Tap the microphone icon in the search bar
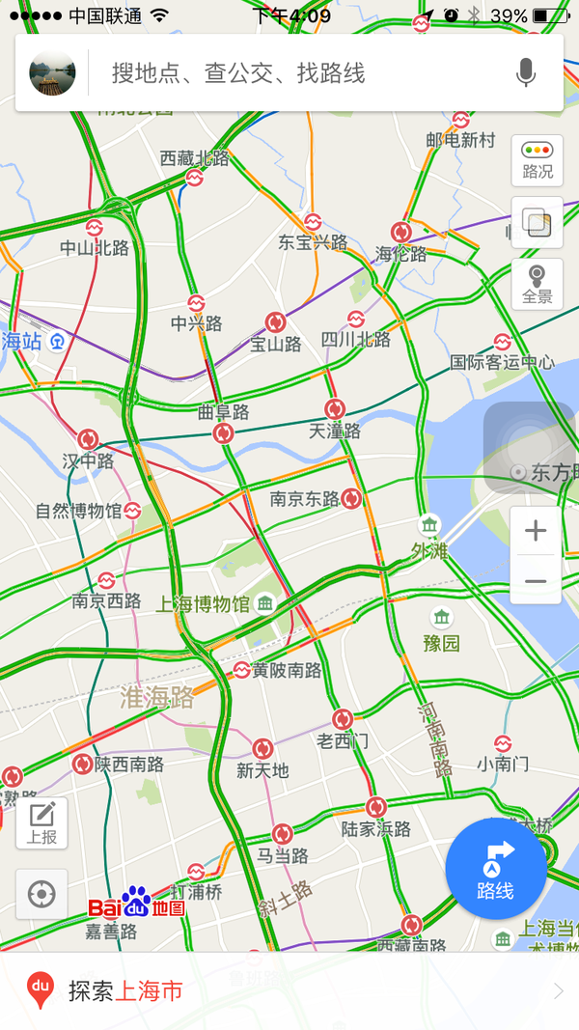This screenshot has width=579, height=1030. (526, 72)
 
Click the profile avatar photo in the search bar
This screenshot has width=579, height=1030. (53, 72)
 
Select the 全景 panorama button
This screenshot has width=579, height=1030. (538, 285)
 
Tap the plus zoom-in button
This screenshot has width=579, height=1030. (536, 531)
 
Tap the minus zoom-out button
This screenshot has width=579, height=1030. (536, 581)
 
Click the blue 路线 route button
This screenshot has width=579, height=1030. (496, 869)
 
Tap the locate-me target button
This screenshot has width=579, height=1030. (41, 894)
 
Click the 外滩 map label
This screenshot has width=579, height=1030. (430, 551)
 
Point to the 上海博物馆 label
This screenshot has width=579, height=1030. (203, 605)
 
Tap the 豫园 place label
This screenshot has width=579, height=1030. (441, 642)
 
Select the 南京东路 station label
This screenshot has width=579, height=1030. (304, 499)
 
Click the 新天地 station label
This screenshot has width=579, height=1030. (262, 770)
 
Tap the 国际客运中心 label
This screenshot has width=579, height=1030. (503, 363)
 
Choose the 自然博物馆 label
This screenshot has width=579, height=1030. (79, 511)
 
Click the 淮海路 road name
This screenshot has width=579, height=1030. (156, 698)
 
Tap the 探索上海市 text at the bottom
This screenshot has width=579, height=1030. (125, 990)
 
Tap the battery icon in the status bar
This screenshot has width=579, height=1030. (551, 16)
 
